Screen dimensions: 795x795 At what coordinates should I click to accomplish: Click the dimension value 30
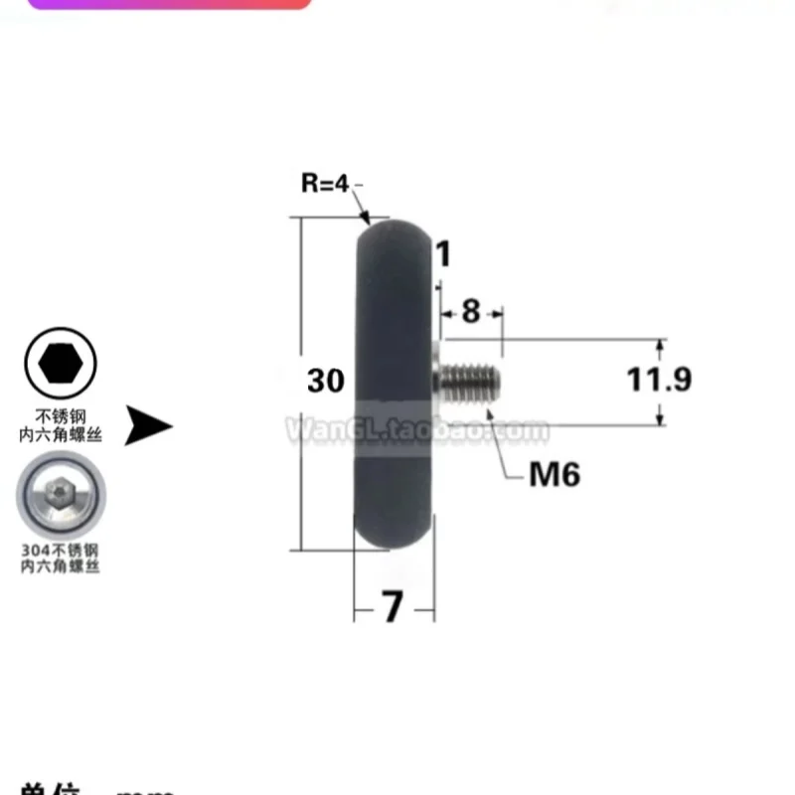click(325, 381)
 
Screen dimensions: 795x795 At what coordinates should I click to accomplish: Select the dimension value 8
click(470, 311)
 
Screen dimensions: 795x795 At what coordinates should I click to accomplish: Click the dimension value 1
click(444, 254)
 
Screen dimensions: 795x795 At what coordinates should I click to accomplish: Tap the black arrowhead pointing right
click(149, 427)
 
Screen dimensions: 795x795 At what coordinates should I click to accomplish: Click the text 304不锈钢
click(60, 550)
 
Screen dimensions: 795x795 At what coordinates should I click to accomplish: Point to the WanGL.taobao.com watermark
click(417, 430)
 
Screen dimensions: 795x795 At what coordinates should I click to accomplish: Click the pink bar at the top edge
click(169, 4)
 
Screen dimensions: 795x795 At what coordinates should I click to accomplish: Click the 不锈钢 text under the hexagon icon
click(60, 416)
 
